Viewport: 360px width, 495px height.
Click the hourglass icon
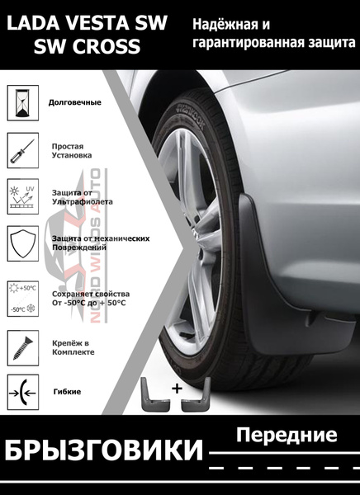point(23,103)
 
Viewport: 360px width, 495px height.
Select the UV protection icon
point(23,196)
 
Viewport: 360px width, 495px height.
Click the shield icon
point(23,243)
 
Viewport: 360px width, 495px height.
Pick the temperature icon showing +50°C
point(23,299)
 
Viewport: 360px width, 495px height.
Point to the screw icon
point(23,348)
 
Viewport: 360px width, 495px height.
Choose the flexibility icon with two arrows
point(23,393)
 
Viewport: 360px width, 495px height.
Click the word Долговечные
point(75,102)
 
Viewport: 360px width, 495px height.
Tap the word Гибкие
point(67,392)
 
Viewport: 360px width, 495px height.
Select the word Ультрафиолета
point(83,202)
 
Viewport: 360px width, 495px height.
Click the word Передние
point(287,436)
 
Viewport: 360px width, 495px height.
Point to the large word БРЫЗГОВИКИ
point(103,450)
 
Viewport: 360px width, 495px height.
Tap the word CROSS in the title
point(107,46)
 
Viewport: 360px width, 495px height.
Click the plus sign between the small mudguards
point(178,389)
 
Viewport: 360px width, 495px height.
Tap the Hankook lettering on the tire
point(190,115)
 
